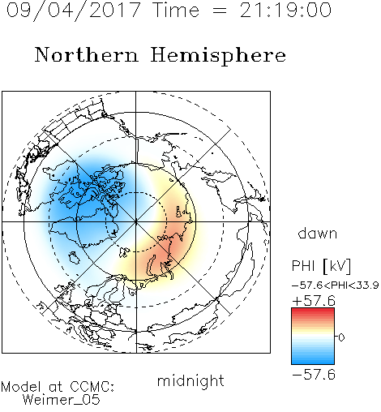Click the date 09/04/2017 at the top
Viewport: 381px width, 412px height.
coord(73,11)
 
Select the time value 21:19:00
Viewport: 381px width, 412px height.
coord(285,10)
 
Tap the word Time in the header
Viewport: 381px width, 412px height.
coord(176,10)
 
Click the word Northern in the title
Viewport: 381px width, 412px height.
coord(87,54)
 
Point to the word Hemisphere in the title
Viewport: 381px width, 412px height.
coord(218,56)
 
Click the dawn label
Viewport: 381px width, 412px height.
coord(318,233)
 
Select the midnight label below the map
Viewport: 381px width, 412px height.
coord(190,380)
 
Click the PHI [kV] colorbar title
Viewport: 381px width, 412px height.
coord(321,266)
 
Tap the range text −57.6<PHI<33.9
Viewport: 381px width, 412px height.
coord(336,285)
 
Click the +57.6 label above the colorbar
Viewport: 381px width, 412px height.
coord(314,301)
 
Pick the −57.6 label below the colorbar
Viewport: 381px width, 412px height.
coord(314,375)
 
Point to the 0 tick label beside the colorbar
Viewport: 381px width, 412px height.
coord(341,337)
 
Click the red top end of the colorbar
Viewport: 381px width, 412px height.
coord(313,310)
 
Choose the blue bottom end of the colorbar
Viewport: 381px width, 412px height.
coord(313,362)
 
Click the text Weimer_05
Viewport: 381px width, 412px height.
coord(62,399)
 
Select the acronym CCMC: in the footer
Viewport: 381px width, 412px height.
coord(92,387)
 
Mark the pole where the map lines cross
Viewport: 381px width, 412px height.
coord(136,221)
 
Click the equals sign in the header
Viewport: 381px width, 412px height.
coord(220,11)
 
